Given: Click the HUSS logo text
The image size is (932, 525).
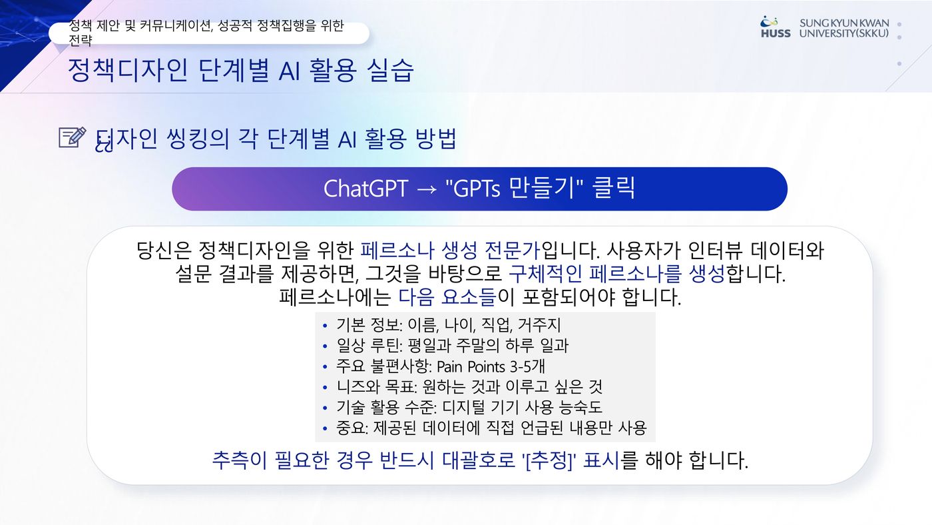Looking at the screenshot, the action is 776,33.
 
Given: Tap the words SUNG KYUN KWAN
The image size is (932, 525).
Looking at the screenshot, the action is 844,23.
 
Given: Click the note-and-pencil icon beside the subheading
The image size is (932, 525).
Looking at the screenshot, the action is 73,137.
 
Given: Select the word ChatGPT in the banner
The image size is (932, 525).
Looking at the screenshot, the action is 365,189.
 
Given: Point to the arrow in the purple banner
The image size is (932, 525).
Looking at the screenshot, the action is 427,190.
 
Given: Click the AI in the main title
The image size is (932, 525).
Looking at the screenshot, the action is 289,71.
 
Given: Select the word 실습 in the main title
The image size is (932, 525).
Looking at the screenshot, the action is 390,70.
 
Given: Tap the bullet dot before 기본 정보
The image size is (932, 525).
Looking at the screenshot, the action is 325,326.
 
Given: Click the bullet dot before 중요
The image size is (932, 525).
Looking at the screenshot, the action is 325,428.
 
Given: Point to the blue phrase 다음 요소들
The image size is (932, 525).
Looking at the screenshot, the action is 447,297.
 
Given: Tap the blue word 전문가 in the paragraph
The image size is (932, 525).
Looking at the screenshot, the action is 513,251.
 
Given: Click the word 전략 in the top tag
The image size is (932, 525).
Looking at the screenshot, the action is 80,41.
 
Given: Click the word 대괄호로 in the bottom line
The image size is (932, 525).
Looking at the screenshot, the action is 479,460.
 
